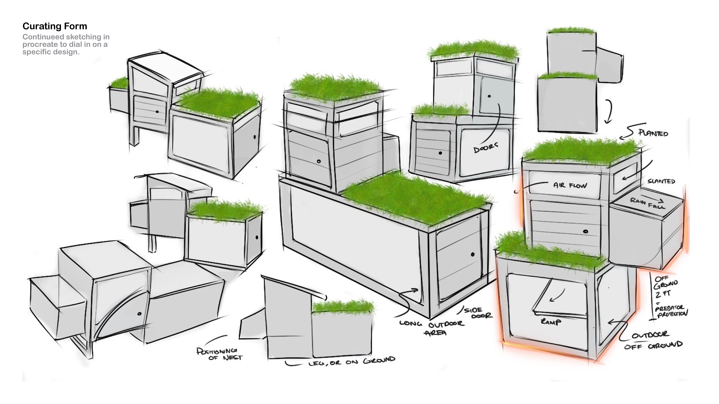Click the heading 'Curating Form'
[55, 26]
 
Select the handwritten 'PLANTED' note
[653, 133]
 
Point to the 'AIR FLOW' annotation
[570, 185]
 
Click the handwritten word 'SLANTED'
[661, 181]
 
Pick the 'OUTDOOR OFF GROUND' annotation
[653, 340]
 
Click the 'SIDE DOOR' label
[478, 313]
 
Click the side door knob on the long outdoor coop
[473, 254]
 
